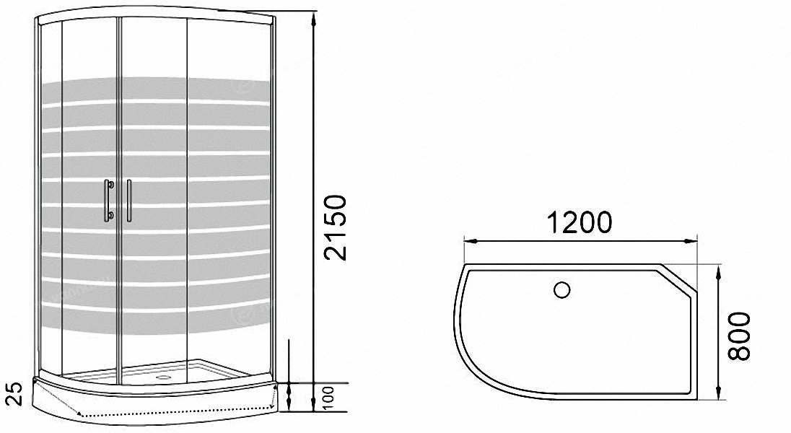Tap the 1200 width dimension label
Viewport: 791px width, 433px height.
point(580,222)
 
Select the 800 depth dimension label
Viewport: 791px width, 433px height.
point(739,336)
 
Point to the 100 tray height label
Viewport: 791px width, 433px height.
point(328,398)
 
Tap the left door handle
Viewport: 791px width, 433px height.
point(107,201)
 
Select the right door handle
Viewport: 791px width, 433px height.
point(129,201)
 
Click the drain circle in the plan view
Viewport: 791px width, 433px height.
point(561,290)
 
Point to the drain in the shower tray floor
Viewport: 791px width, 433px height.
point(163,376)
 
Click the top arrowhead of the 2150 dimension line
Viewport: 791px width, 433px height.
point(314,20)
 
